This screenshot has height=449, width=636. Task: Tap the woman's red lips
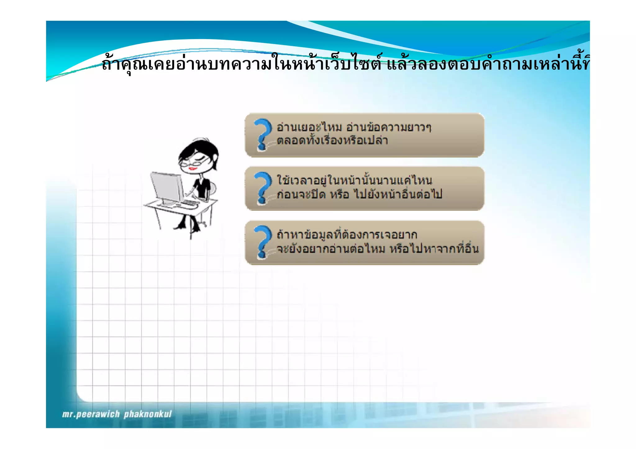coord(193,169)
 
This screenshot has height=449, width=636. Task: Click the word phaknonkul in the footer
coord(148,414)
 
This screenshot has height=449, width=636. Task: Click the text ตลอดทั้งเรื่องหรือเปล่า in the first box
coord(332,141)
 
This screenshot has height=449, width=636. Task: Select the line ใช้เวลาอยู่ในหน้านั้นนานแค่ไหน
coord(354,180)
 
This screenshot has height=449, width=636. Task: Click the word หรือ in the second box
coord(340,195)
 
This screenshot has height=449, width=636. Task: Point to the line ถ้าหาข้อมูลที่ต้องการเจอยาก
coord(347,234)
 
